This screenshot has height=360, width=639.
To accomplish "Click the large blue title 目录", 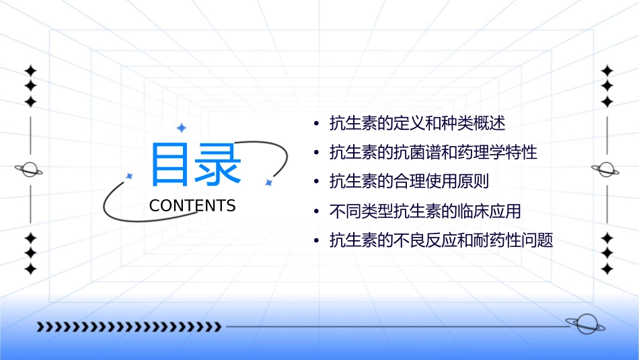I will point(195,164).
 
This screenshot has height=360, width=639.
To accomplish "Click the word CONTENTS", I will point(192,206).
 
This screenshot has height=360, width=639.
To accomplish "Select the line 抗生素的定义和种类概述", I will point(417,124).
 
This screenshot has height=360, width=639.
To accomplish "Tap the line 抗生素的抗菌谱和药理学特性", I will point(433,153).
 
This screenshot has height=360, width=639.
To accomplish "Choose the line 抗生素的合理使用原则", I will point(409,182).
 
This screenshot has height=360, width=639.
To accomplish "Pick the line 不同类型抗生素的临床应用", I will point(425,211).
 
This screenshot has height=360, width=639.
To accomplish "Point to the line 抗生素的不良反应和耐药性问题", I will point(441,240).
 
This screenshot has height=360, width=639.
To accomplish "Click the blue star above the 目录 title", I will point(181,128).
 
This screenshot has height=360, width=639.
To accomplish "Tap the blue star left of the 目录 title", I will point(130,176).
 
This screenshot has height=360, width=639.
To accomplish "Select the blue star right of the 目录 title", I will point(268,182).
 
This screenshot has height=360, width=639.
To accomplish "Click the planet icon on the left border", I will point(30,170).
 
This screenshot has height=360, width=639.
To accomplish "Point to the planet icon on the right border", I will point(607,170).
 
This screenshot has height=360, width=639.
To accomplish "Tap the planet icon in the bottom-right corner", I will point(585,324).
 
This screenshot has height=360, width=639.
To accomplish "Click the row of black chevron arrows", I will point(128,327).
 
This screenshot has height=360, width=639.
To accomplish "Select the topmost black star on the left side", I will point(30,71).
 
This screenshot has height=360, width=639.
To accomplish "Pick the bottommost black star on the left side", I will point(30,269).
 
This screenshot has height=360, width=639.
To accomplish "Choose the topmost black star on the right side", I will point(607,71).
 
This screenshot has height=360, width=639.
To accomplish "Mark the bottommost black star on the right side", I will point(607,269).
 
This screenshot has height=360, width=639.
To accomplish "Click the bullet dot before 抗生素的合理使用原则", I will point(316,182).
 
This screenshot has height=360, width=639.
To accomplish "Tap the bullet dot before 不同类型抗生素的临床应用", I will point(316,212).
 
